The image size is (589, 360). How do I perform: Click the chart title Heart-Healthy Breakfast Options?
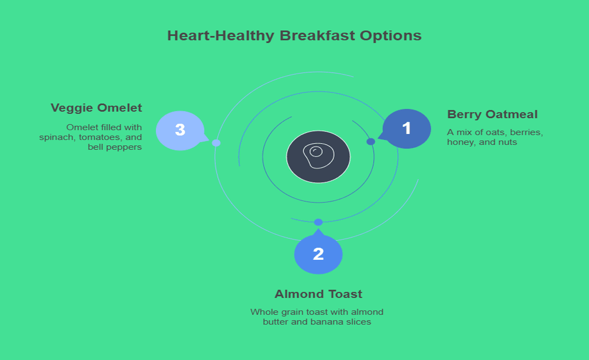(294, 36)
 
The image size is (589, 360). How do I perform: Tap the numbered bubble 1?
(406, 128)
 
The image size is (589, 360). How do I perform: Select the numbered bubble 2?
(318, 254)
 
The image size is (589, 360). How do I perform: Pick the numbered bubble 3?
(180, 130)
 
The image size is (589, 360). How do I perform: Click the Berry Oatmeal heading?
(492, 115)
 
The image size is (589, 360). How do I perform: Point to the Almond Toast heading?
(318, 294)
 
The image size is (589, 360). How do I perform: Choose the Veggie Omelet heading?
(96, 108)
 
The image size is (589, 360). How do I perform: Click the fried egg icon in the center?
(318, 156)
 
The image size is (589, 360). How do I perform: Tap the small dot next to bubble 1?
(371, 142)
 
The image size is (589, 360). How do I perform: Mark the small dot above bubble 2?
(318, 222)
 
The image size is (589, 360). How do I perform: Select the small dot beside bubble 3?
(216, 143)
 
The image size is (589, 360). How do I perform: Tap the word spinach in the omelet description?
(55, 137)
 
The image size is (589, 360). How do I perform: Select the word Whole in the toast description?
(262, 312)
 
